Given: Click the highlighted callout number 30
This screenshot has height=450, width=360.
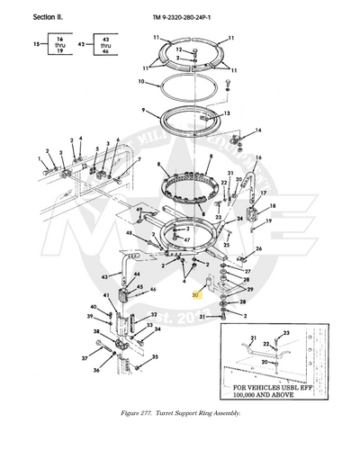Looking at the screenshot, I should (x=193, y=294).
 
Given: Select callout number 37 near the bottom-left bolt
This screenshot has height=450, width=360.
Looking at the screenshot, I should (x=85, y=357).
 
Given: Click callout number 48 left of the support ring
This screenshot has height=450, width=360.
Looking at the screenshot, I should (x=130, y=232).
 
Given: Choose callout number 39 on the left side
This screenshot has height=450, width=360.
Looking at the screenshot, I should (x=90, y=317).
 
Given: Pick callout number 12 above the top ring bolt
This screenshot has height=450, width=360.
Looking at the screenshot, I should (x=179, y=49).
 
